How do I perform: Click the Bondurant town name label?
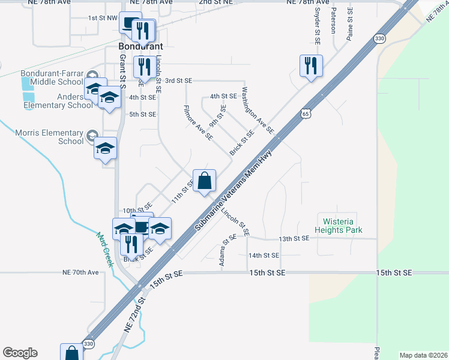pos(140,46)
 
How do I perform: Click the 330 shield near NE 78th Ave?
pos(379,38)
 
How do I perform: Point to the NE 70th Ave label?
pos(80,272)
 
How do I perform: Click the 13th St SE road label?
pos(294,238)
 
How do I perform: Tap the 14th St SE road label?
pos(264,256)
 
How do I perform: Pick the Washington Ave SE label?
pos(258,110)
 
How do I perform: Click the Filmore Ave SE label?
pos(197,123)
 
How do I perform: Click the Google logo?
pos(20,353)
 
